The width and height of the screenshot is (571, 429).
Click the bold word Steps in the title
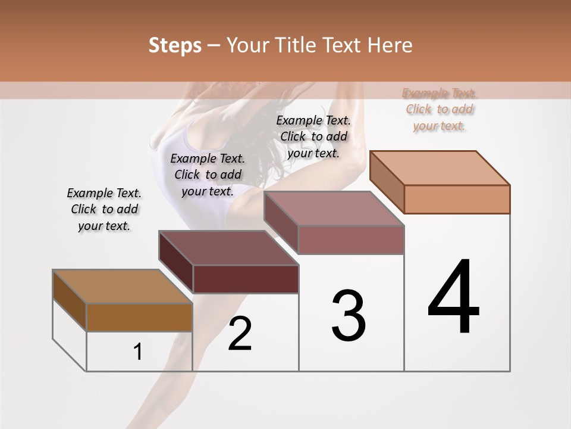pyautogui.click(x=175, y=45)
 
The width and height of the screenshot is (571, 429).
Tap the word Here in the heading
pyautogui.click(x=390, y=45)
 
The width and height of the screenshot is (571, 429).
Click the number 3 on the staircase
pyautogui.click(x=349, y=315)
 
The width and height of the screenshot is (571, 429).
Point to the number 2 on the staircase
pyautogui.click(x=240, y=334)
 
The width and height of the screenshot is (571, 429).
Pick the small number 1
pyautogui.click(x=138, y=352)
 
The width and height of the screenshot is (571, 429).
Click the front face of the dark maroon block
pyautogui.click(x=246, y=279)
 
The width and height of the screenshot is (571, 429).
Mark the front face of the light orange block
pyautogui.click(x=457, y=199)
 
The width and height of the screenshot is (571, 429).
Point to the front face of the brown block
pyautogui.click(x=139, y=317)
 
